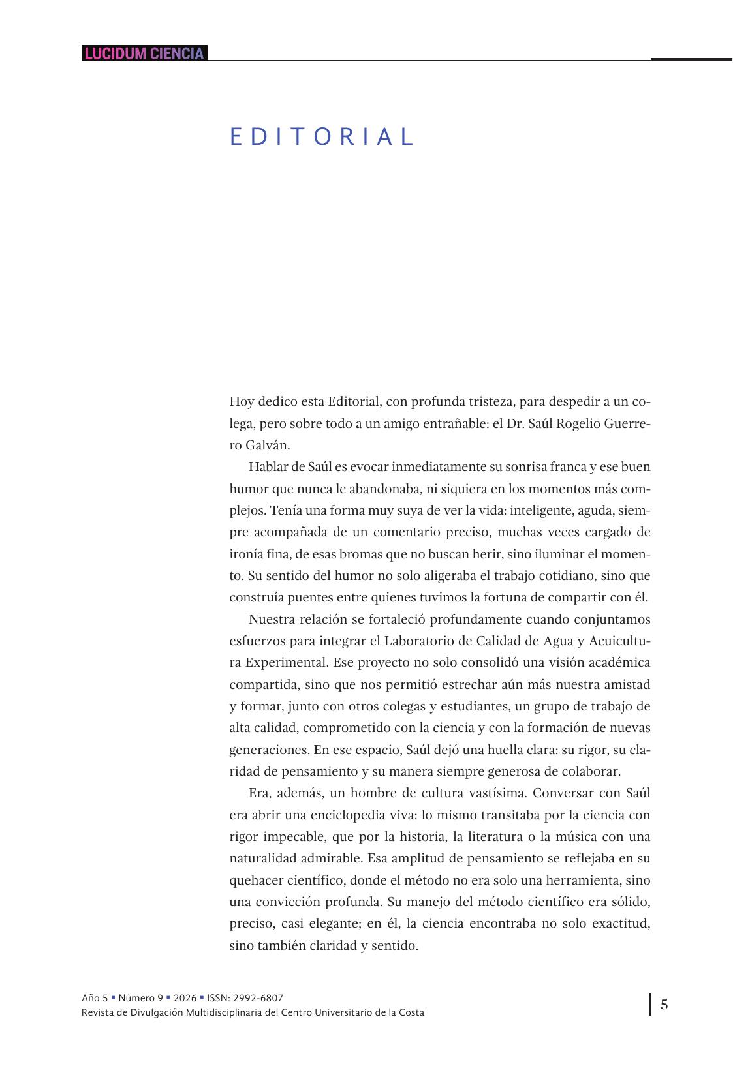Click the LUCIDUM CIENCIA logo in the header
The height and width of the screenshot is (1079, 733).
(x=144, y=53)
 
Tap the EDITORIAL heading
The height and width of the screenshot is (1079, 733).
(x=322, y=137)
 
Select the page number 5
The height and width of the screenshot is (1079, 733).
(x=664, y=1004)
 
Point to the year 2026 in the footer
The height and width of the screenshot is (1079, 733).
(x=185, y=997)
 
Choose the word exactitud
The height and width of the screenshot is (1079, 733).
(x=621, y=924)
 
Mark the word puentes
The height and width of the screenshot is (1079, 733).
(x=305, y=598)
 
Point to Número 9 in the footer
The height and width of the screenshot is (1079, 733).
(x=140, y=997)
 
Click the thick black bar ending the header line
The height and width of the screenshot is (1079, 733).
(x=691, y=59)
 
